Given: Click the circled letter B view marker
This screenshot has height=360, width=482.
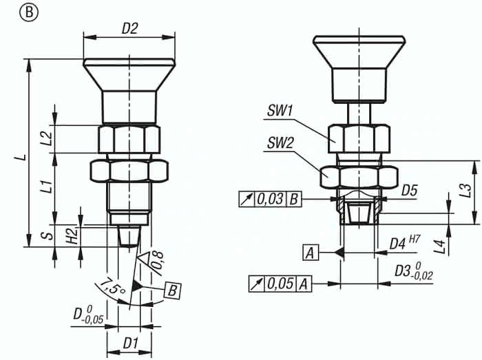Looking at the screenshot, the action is point(29,14).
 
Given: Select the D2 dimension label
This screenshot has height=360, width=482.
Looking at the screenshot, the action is point(129,29).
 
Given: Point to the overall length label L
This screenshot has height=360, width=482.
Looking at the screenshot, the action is point(21,157).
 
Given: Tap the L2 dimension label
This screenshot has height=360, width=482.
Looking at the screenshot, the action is point(46,138).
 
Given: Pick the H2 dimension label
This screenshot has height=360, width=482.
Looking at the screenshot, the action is point(72,236).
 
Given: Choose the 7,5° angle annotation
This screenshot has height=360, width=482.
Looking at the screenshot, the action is point(112,286).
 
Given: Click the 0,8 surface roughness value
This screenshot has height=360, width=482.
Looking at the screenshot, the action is point(158,260).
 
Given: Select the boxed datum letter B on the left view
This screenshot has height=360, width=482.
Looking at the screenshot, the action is point(172,290).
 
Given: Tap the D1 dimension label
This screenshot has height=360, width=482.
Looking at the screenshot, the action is point(130,343).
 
